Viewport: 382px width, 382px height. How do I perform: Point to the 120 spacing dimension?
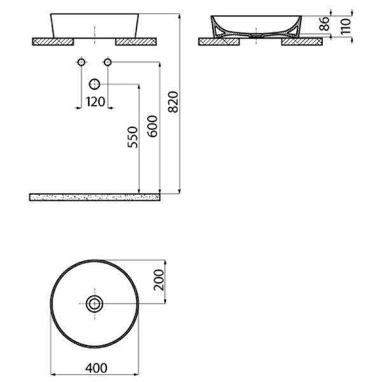click(95, 102)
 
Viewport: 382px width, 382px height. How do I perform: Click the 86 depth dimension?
click(323, 24)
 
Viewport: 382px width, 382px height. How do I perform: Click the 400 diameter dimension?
click(95, 367)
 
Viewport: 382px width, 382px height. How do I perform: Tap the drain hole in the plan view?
click(95, 304)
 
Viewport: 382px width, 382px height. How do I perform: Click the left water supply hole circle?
click(81, 62)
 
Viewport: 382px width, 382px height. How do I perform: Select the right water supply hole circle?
click(108, 62)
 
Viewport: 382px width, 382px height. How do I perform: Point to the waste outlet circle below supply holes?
click(95, 83)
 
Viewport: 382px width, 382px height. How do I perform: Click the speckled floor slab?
click(94, 197)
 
